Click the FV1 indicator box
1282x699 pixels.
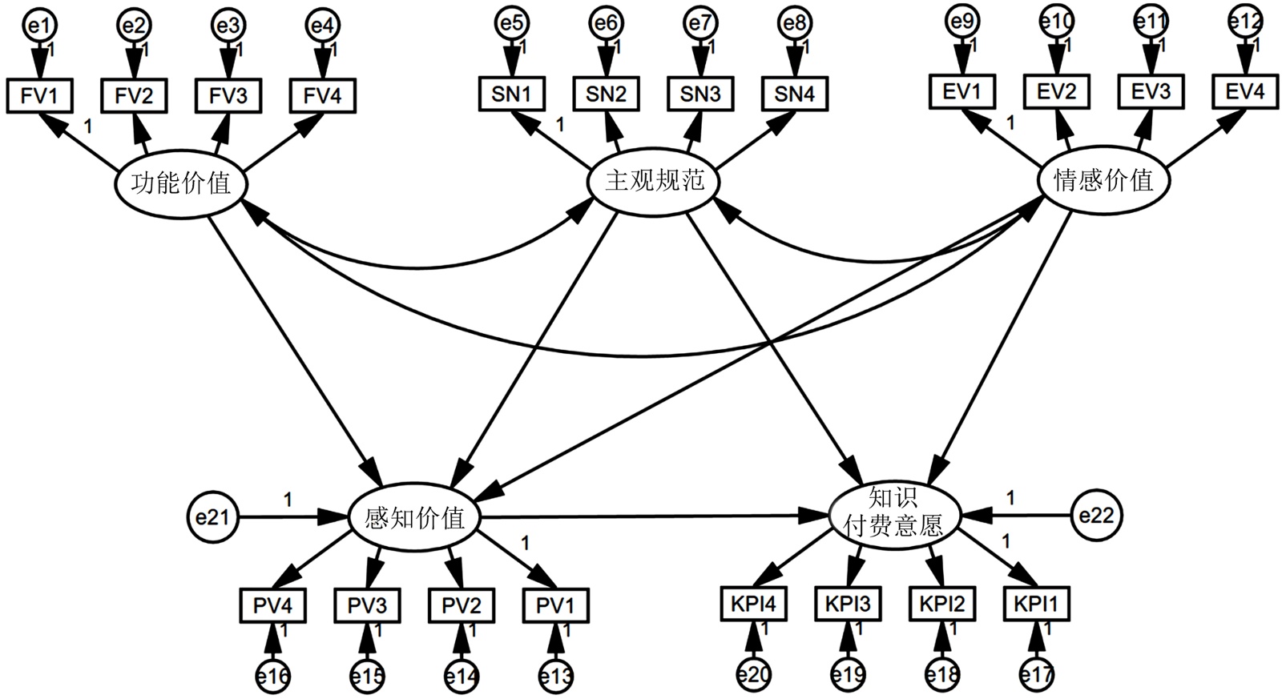tap(39, 96)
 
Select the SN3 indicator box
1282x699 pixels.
tap(700, 94)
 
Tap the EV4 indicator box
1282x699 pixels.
tap(1244, 91)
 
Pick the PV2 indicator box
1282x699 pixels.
tap(462, 605)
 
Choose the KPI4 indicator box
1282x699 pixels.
tap(753, 603)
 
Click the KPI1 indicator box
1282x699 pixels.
tap(1036, 603)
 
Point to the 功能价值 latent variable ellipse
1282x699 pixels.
tap(181, 183)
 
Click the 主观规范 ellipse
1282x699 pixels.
tap(654, 181)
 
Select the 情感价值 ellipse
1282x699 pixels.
tap(1103, 181)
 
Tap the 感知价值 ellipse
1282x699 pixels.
tap(414, 517)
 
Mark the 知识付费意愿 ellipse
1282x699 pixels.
tap(893, 513)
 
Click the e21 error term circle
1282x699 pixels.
tap(212, 517)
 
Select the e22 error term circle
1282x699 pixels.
tap(1096, 516)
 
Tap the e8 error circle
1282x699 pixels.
tap(795, 24)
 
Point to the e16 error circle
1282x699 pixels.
tap(272, 677)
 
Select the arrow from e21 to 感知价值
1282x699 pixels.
tap(292, 517)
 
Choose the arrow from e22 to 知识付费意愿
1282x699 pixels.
tap(1018, 516)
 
